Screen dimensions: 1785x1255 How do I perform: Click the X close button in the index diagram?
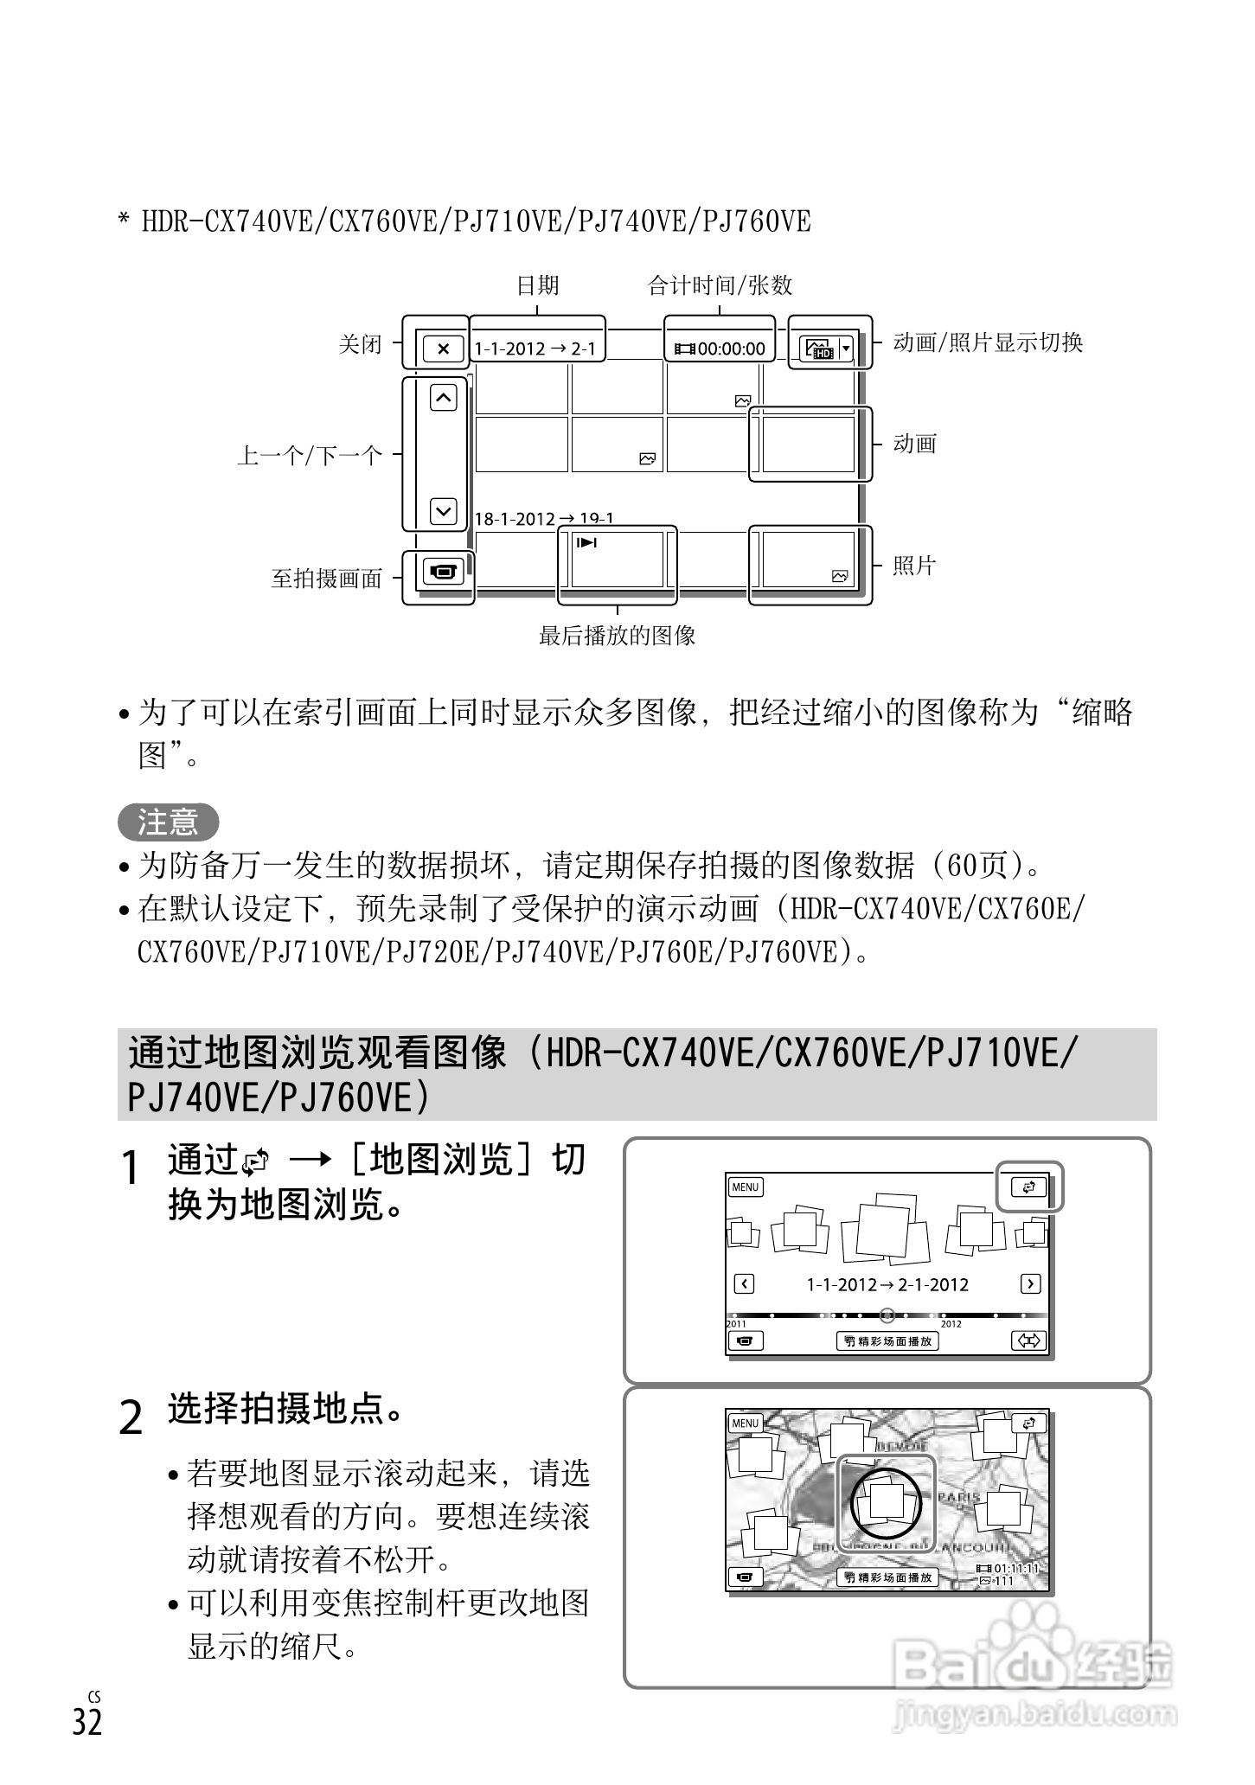pyautogui.click(x=443, y=349)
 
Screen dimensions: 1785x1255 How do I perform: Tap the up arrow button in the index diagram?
pyautogui.click(x=443, y=398)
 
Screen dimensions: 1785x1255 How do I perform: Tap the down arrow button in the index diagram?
pyautogui.click(x=443, y=510)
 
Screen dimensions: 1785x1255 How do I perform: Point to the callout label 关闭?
pyautogui.click(x=360, y=344)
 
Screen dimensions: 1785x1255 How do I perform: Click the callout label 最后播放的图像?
pyautogui.click(x=617, y=637)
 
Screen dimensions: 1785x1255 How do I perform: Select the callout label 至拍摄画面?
pyautogui.click(x=327, y=579)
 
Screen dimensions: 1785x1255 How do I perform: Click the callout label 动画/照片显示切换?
pyautogui.click(x=988, y=343)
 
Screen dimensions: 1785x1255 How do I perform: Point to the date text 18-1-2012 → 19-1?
pyautogui.click(x=544, y=519)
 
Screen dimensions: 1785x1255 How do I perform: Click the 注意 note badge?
pyautogui.click(x=168, y=821)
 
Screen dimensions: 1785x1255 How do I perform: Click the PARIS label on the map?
pyautogui.click(x=958, y=1496)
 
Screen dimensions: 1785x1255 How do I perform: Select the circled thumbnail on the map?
pyautogui.click(x=886, y=1502)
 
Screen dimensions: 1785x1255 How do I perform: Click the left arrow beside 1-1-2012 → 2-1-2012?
pyautogui.click(x=744, y=1283)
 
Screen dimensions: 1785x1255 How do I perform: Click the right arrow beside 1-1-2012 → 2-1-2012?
pyautogui.click(x=1030, y=1283)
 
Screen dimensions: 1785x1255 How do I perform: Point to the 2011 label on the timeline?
pyautogui.click(x=735, y=1323)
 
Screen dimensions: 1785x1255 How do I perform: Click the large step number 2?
pyautogui.click(x=130, y=1419)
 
